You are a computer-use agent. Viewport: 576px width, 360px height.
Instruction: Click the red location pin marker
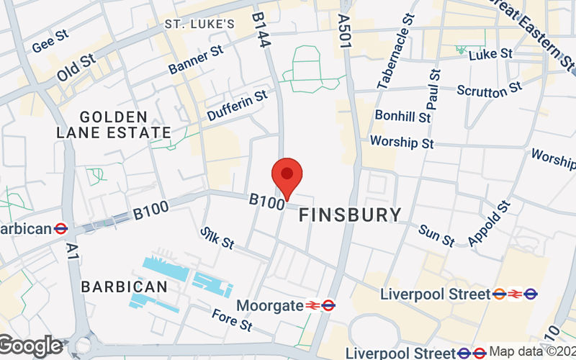click(x=287, y=177)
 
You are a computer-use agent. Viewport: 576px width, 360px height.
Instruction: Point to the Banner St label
click(x=197, y=60)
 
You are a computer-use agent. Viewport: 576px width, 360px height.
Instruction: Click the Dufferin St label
click(x=237, y=104)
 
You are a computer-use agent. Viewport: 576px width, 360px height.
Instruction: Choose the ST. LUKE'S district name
click(x=199, y=24)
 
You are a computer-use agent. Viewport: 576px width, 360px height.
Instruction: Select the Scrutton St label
click(x=489, y=89)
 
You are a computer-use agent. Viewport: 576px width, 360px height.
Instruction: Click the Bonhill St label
click(x=402, y=115)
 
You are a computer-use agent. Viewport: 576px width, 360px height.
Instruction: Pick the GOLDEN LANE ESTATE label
click(x=114, y=125)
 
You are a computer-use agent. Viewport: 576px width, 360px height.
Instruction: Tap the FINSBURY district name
click(x=350, y=215)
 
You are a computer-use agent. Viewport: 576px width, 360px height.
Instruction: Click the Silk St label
click(x=217, y=238)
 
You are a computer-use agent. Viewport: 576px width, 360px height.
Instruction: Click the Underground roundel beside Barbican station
click(x=61, y=229)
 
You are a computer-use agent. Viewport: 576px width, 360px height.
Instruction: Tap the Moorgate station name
click(x=270, y=305)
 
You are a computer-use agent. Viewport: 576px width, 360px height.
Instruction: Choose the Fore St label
click(x=231, y=320)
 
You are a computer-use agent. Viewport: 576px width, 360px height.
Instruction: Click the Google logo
click(x=30, y=346)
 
